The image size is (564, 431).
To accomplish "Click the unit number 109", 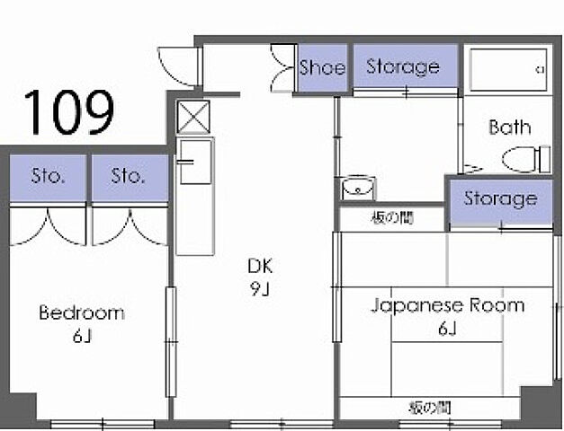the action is point(69,112).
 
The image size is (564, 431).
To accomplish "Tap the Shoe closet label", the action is point(322,67).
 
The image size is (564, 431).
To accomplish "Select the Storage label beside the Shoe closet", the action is point(403,67).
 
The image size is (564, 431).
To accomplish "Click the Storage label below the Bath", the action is point(500,199).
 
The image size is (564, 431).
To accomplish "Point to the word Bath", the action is point(510,128).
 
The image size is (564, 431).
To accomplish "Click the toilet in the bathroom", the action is point(526,160).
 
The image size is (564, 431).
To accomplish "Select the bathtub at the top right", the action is point(508,70).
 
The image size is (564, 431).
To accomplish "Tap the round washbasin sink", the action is point(357,187).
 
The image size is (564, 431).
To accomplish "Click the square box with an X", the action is point(194,118).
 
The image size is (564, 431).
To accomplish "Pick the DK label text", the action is point(260,266).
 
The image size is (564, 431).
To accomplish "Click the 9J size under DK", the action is point(260,289).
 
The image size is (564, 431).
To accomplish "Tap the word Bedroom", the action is point(82,312).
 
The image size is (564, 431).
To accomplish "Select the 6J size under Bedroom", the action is point(82,336).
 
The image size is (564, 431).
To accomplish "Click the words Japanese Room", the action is point(448,306).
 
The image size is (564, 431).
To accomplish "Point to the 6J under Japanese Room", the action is point(448,329).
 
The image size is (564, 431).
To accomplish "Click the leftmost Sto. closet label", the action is point(49,176).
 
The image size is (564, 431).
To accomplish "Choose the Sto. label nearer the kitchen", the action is point(128,176).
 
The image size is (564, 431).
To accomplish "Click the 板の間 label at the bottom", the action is point(430,409).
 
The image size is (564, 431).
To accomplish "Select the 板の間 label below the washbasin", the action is point(392,217).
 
